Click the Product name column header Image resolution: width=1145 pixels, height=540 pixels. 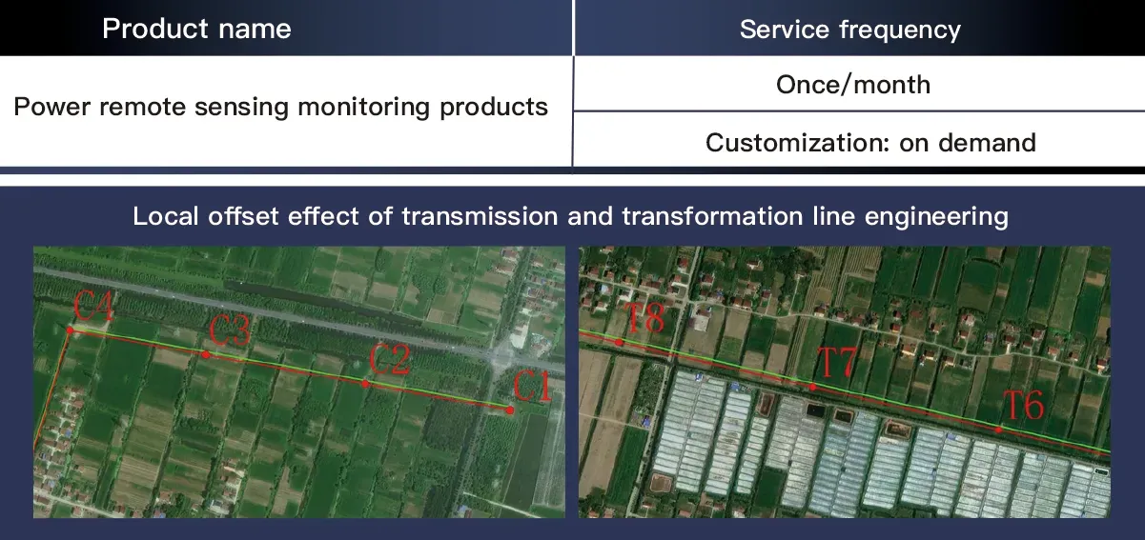pyautogui.click(x=196, y=29)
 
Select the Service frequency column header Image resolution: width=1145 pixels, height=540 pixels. pyautogui.click(x=849, y=30)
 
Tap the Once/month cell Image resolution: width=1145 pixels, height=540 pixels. pyautogui.click(x=853, y=85)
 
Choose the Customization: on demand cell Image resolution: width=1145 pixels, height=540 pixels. pyautogui.click(x=870, y=143)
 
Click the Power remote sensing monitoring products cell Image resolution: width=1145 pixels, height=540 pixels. pyautogui.click(x=281, y=107)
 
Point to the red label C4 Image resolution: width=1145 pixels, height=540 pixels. pyautogui.click(x=94, y=308)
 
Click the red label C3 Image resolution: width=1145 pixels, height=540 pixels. pyautogui.click(x=230, y=331)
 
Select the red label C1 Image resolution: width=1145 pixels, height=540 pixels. pyautogui.click(x=532, y=388)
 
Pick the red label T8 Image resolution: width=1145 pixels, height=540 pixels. pyautogui.click(x=644, y=318)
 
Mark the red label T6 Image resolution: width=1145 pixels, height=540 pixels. pyautogui.click(x=1024, y=407)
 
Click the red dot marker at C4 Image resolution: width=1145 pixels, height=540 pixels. pyautogui.click(x=70, y=330)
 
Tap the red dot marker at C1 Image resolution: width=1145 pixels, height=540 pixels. pyautogui.click(x=510, y=410)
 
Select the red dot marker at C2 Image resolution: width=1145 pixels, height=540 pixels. pyautogui.click(x=365, y=384)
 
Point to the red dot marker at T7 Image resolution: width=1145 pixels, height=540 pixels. pyautogui.click(x=812, y=388)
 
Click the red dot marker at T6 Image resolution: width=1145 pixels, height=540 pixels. pyautogui.click(x=998, y=430)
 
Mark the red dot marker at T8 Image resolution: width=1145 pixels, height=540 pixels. pyautogui.click(x=620, y=343)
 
